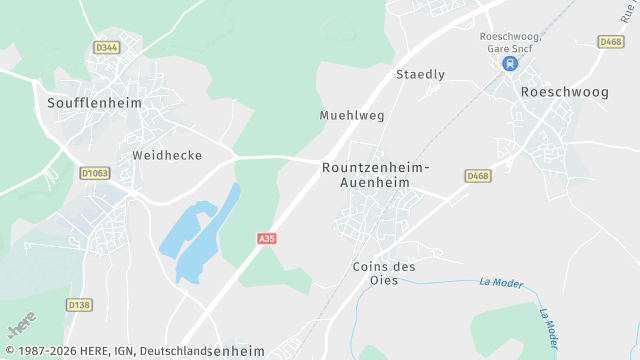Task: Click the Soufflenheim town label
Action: coord(94,102)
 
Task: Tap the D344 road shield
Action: coord(106,47)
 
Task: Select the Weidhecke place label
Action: coord(167,156)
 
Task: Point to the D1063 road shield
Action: coord(95,173)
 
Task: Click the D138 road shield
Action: coord(79,304)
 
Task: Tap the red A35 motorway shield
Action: coord(266,239)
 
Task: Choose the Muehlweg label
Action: coord(352,115)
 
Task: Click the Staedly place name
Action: coord(420,75)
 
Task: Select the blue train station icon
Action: coord(510,63)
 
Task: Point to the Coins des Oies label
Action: coord(384,273)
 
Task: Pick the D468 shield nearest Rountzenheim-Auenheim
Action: coord(477,176)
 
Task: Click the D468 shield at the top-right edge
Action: coord(611,41)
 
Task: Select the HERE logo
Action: coord(22,326)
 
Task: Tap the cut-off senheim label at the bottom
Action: coord(237,351)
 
